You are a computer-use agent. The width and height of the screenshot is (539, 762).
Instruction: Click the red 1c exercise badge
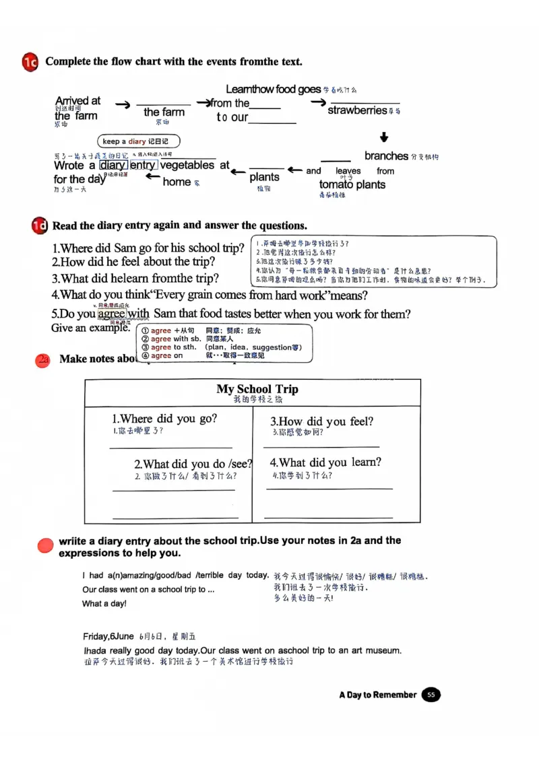coord(30,62)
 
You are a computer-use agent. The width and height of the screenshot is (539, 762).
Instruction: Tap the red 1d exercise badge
coord(39,226)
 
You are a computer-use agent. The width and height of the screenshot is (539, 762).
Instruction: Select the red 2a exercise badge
coord(43,359)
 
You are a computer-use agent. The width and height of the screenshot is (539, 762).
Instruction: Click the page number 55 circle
coord(431,695)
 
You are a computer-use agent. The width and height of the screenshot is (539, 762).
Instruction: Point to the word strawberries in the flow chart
coord(357,110)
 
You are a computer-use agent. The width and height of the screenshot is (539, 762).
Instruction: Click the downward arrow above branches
coord(384,137)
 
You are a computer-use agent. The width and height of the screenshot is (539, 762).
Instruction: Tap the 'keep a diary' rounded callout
coord(139,141)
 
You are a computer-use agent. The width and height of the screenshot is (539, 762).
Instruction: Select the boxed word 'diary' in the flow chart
coord(113,166)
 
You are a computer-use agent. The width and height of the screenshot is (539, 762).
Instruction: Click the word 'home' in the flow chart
coord(177,182)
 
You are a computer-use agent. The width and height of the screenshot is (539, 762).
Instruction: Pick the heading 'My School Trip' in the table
coord(257,389)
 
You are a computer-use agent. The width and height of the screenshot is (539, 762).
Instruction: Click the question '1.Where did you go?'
coord(164,419)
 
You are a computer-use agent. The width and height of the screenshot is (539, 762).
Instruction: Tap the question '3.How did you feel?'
coord(321,421)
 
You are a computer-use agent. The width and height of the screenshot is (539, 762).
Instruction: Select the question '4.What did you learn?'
coord(325,462)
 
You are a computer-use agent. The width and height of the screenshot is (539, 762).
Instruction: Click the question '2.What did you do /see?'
coord(193,464)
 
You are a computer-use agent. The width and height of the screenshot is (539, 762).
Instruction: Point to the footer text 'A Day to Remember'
coord(377,695)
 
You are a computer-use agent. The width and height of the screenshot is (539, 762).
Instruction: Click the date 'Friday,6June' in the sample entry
coord(108,636)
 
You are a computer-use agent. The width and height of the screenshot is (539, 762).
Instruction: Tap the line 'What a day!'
coord(104,604)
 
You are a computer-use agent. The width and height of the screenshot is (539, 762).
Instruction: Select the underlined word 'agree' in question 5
coord(111,314)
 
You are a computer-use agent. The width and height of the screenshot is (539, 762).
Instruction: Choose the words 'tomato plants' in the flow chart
coord(352,184)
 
